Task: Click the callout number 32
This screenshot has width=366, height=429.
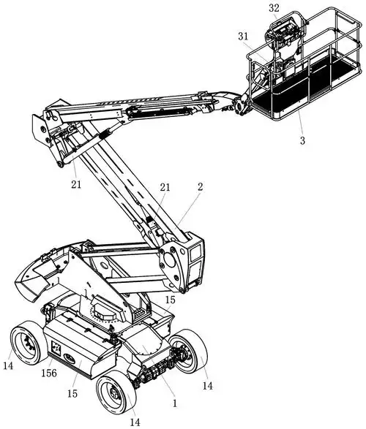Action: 274,8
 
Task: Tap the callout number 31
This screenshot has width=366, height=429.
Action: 243,37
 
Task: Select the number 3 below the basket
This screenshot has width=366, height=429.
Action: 302,140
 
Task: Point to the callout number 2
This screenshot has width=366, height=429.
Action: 201,187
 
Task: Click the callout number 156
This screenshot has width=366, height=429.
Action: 49,373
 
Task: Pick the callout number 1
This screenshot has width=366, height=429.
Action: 174,403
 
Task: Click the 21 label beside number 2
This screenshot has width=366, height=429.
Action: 165,187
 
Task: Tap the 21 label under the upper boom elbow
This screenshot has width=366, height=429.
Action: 76,184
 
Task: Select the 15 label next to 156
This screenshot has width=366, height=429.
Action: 72,394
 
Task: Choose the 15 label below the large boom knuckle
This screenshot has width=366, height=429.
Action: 170,300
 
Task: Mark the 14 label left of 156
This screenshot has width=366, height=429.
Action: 8,365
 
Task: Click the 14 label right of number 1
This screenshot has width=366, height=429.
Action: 207,386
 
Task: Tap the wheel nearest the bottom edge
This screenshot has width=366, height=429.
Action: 116,395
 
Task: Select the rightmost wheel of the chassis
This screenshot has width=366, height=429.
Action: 189,352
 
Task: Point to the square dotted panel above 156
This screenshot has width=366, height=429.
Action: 56,348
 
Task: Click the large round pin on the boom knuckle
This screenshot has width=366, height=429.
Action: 170,259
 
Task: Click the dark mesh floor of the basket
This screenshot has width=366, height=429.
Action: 302,88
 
